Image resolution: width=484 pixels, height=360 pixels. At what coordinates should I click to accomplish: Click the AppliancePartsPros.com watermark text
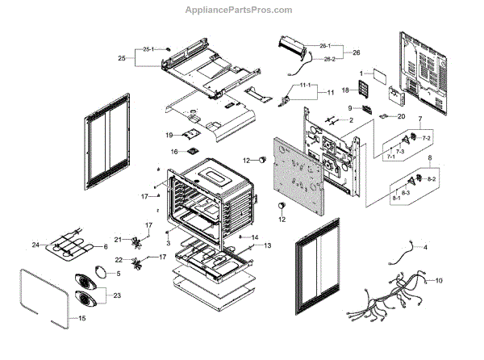242,10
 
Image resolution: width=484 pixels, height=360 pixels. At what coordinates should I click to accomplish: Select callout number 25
122,59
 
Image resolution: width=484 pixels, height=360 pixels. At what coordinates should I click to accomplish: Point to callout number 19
170,134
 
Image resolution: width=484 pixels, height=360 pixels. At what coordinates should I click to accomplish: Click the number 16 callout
173,151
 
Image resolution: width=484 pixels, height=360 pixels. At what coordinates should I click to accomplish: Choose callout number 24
35,245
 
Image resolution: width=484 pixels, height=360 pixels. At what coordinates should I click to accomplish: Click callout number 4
426,246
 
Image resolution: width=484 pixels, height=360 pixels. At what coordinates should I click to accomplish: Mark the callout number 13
267,245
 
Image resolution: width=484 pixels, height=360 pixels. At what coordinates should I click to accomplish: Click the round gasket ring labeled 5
99,273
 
